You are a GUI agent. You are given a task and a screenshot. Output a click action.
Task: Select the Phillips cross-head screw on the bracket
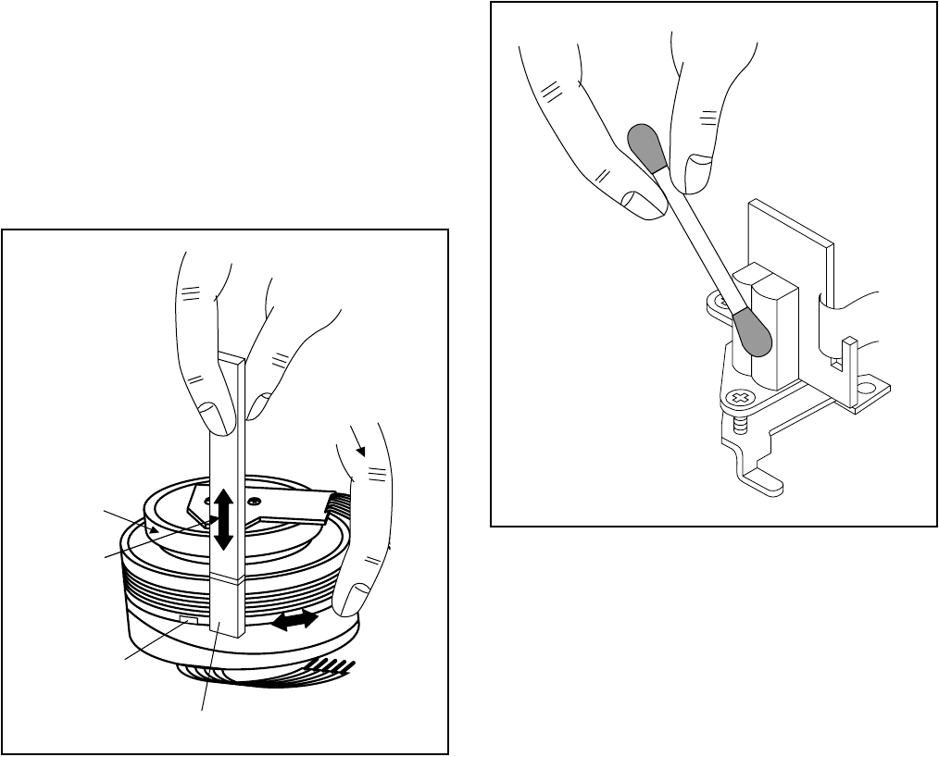tap(739, 399)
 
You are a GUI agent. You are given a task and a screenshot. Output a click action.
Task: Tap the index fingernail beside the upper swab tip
tap(638, 201)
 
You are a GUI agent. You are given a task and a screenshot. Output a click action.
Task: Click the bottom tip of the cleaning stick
tap(227, 631)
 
